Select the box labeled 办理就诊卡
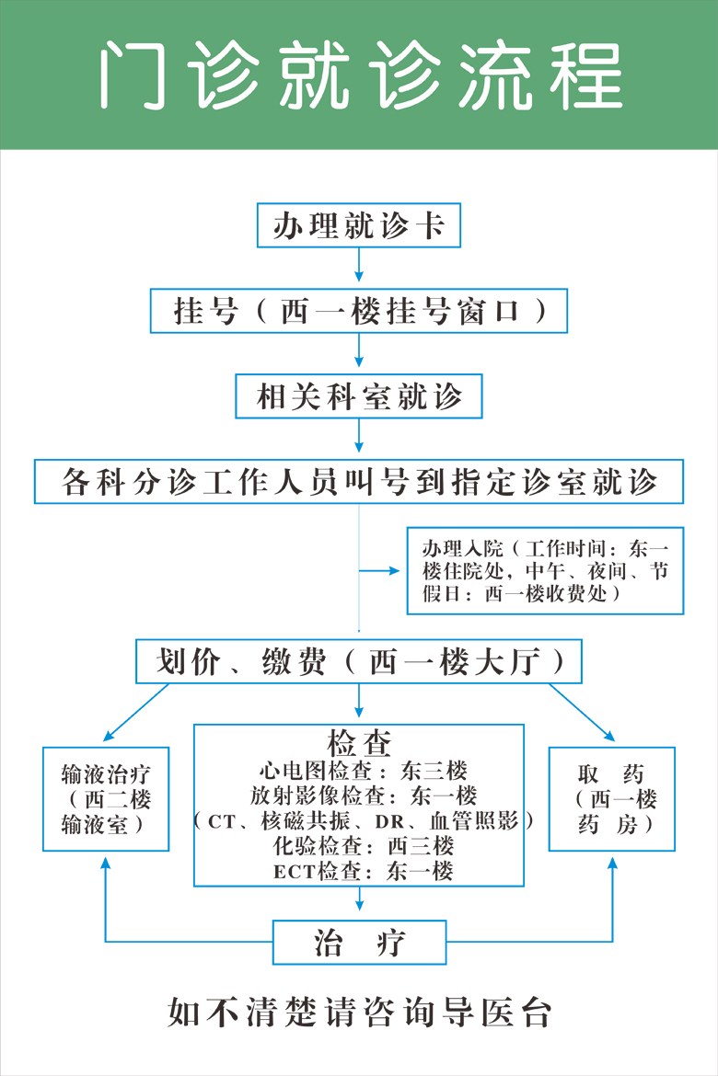[x=359, y=225]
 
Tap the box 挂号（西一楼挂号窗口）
[x=359, y=311]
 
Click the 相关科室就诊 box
[x=359, y=396]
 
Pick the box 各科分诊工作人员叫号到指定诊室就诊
[x=359, y=481]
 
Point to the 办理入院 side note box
[x=546, y=570]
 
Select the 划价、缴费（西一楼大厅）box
[x=359, y=661]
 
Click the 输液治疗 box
[x=106, y=799]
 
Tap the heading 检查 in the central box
[x=359, y=742]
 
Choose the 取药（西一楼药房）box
[x=612, y=799]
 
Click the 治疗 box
[x=359, y=942]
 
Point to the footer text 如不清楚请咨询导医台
[x=359, y=1013]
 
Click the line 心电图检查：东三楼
[x=363, y=771]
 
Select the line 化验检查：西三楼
[x=363, y=845]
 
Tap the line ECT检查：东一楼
[x=363, y=871]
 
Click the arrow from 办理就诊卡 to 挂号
[x=359, y=265]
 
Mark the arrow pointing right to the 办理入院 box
[x=379, y=570]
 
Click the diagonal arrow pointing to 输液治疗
[x=136, y=713]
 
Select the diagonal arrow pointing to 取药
[x=582, y=713]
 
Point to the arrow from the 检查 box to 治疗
[x=359, y=899]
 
